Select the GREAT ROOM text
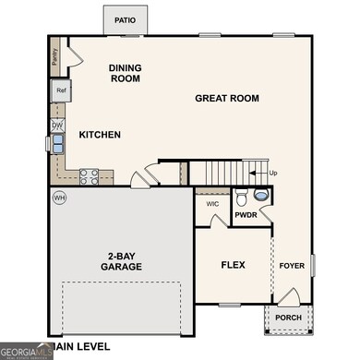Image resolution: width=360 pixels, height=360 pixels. tap(227, 98)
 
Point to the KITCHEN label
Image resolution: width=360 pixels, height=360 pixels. tap(100, 135)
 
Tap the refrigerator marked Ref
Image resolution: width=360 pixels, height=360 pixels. tap(61, 90)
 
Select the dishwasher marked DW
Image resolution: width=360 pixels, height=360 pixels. tap(57, 124)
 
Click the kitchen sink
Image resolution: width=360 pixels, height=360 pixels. tap(57, 143)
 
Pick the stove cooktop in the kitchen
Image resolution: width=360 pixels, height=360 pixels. tap(90, 173)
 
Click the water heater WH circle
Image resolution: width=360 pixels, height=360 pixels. tap(60, 197)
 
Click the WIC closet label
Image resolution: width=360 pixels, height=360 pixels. tap(212, 203)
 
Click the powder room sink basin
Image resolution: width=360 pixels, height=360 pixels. tap(259, 196)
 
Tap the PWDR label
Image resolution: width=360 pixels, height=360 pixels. tap(246, 215)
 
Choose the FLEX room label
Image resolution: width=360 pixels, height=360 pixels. tap(232, 265)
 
